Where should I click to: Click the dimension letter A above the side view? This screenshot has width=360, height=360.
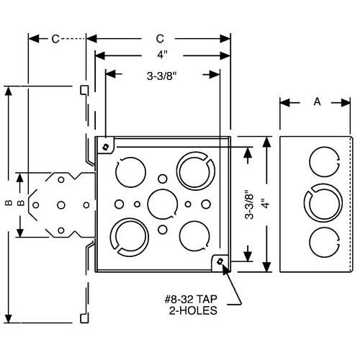pos(316,103)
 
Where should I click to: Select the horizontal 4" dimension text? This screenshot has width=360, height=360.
pos(162,53)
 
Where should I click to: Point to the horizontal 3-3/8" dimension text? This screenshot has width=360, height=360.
pos(163,73)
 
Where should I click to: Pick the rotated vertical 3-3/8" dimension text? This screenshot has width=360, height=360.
pos(250,204)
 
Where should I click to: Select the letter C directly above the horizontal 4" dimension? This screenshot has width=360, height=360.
pos(162,37)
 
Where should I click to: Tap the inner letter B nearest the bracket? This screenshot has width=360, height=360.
pos(22,204)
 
